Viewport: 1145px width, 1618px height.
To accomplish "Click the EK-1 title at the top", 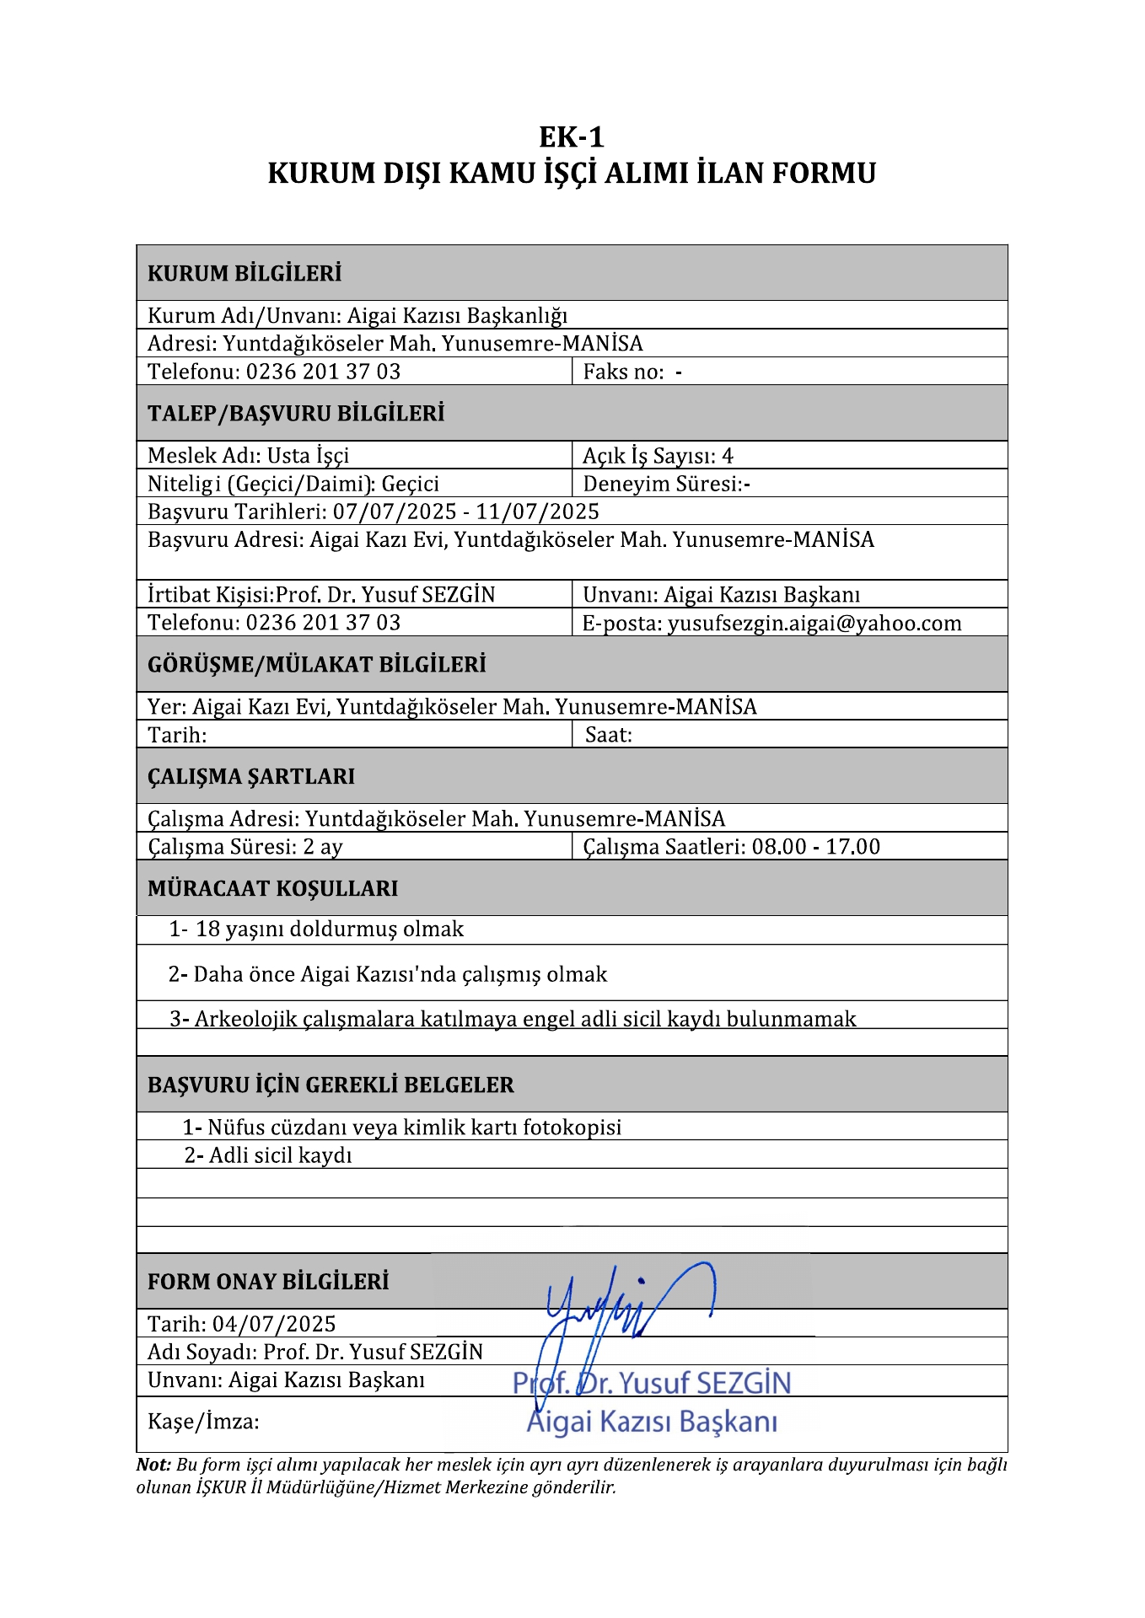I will [x=572, y=137].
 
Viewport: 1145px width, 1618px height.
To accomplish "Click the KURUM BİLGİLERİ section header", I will [x=245, y=273].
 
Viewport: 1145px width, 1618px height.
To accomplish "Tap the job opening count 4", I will [x=728, y=456].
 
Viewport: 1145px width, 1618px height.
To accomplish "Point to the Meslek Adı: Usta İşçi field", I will [x=248, y=456].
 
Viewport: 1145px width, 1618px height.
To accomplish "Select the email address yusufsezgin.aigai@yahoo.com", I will [x=814, y=623].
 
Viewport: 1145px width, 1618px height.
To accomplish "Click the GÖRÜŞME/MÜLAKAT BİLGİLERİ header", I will [x=317, y=664].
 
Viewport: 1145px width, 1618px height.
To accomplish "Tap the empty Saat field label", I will [x=608, y=735].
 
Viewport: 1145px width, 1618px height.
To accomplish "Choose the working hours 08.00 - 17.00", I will [x=815, y=846].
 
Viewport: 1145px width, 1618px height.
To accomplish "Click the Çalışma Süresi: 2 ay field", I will [x=245, y=846].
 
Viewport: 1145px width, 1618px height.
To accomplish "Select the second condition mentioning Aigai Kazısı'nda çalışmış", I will [x=388, y=974].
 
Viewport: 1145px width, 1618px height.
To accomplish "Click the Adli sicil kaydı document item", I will [x=268, y=1155].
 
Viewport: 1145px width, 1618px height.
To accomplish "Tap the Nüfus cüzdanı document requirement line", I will [x=402, y=1127].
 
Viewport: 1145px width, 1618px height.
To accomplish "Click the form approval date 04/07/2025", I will [x=274, y=1323].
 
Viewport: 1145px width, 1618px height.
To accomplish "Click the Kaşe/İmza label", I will [x=203, y=1422].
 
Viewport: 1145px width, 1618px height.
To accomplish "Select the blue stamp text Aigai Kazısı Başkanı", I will [x=652, y=1422].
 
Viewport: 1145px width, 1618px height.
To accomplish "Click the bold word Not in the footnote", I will [x=153, y=1465].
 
